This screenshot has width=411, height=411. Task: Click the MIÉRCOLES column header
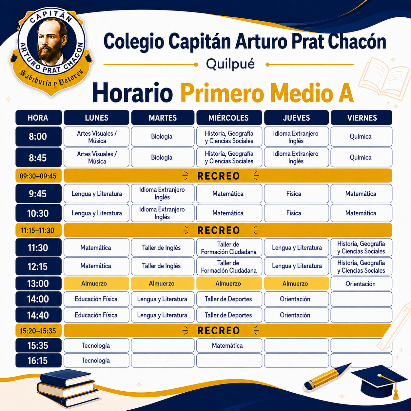pyautogui.click(x=229, y=118)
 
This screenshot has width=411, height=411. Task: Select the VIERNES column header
pyautogui.click(x=361, y=118)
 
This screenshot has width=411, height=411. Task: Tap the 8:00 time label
pyautogui.click(x=38, y=136)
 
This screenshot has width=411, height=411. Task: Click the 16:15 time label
pyautogui.click(x=38, y=361)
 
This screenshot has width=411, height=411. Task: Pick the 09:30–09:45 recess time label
pyautogui.click(x=38, y=176)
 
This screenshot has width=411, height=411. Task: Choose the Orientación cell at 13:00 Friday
pyautogui.click(x=361, y=284)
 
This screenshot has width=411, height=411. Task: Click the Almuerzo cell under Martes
pyautogui.click(x=163, y=284)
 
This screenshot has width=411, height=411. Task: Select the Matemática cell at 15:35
pyautogui.click(x=229, y=345)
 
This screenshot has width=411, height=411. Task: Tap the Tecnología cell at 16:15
pyautogui.click(x=96, y=361)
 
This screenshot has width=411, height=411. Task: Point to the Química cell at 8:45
pyautogui.click(x=361, y=157)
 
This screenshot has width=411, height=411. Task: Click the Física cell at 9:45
pyautogui.click(x=296, y=194)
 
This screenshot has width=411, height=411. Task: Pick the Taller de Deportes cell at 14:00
pyautogui.click(x=229, y=299)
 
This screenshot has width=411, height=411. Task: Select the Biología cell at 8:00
pyautogui.click(x=163, y=136)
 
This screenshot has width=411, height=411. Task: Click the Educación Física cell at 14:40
pyautogui.click(x=96, y=315)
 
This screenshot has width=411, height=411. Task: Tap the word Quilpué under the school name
pyautogui.click(x=230, y=64)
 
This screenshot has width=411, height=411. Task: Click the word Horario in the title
pyautogui.click(x=132, y=93)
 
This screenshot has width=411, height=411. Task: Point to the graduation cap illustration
pyautogui.click(x=379, y=383)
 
